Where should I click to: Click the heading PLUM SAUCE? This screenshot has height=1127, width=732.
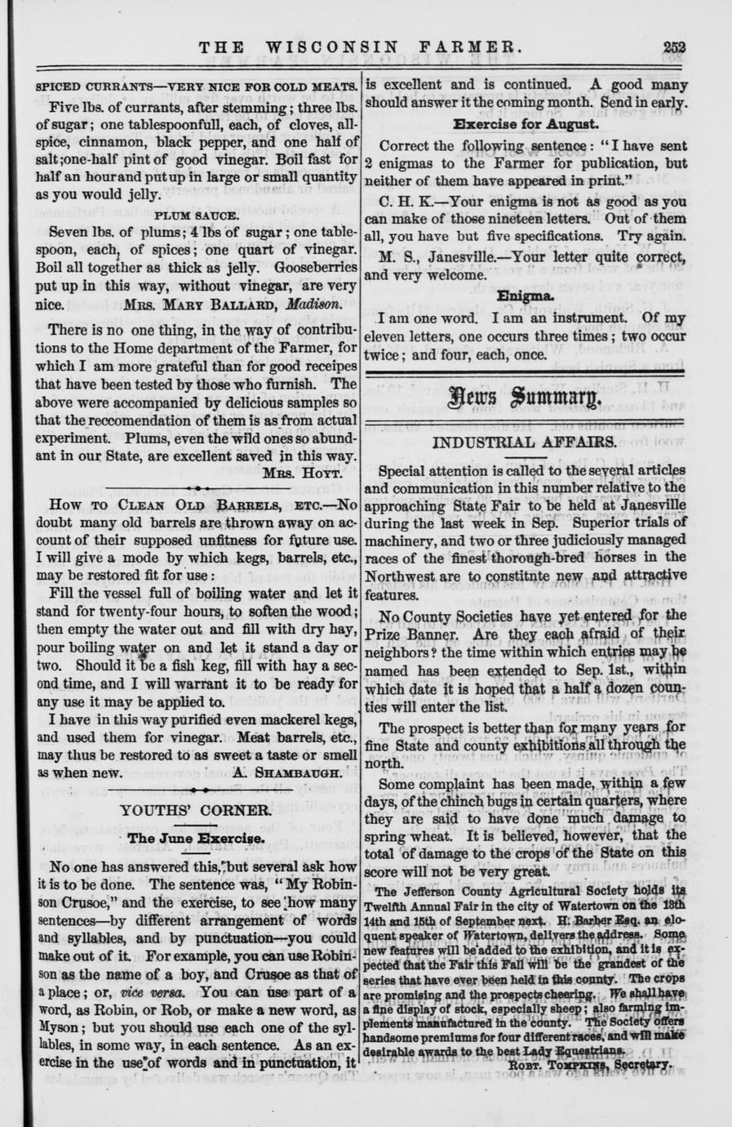pos(197,216)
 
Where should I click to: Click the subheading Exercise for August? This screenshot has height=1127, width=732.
pos(526,125)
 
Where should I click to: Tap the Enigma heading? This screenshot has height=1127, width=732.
pos(526,295)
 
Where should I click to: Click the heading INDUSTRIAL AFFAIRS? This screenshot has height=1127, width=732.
pos(525,443)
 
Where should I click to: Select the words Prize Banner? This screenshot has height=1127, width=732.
pos(415,634)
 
